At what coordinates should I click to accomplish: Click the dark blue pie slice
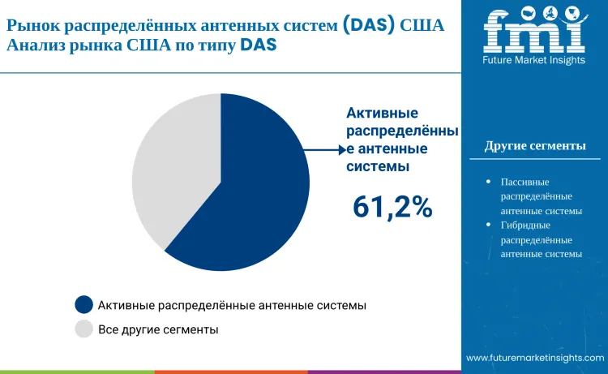[251, 195]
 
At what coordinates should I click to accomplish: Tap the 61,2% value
[392, 207]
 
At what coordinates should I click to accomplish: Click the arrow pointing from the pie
[324, 149]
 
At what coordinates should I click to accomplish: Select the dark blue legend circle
[83, 305]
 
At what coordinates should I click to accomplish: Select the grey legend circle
[83, 329]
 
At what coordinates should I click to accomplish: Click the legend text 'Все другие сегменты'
[158, 329]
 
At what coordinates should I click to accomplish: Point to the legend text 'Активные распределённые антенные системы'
[232, 305]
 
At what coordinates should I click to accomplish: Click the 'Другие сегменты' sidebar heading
[535, 146]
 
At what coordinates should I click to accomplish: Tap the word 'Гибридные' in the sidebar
[526, 225]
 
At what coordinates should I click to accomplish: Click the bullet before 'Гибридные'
[487, 225]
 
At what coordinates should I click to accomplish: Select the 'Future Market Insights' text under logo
[533, 61]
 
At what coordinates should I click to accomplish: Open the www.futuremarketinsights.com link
[535, 358]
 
